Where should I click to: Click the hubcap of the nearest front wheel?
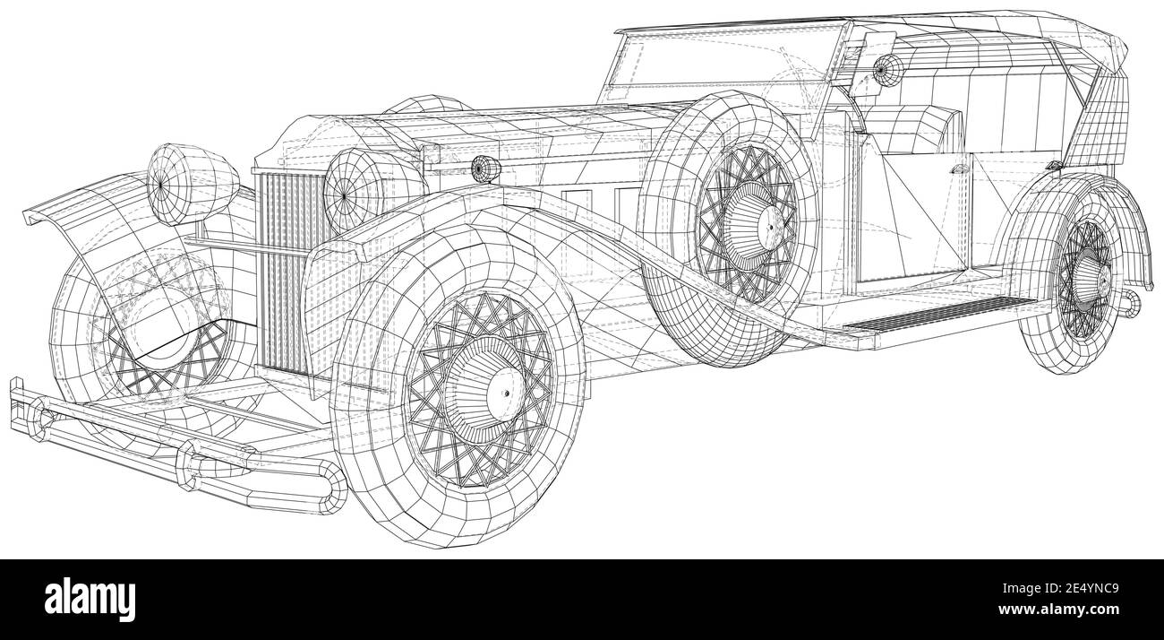pyautogui.click(x=490, y=395)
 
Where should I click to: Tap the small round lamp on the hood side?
pyautogui.click(x=483, y=168)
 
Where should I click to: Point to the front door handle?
pyautogui.click(x=959, y=169)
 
